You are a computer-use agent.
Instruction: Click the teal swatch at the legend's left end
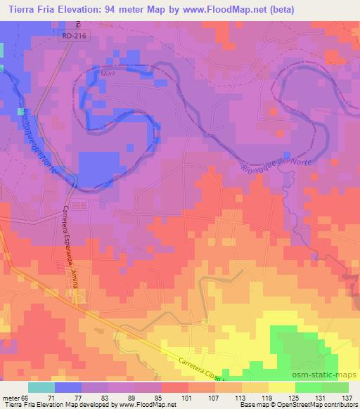[41, 387]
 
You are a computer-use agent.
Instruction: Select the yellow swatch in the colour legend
[282, 387]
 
